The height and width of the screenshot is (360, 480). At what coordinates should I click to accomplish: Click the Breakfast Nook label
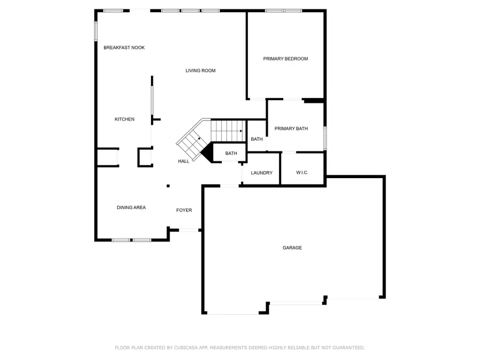[124, 47]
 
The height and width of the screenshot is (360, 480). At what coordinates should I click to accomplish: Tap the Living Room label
[201, 70]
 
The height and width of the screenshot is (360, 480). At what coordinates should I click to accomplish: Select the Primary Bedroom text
[285, 59]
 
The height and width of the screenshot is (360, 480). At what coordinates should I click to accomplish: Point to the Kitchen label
[124, 119]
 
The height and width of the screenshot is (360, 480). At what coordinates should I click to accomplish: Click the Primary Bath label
[291, 129]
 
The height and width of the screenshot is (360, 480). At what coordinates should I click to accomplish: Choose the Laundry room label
[261, 173]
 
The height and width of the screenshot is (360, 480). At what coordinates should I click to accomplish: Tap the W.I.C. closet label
[302, 173]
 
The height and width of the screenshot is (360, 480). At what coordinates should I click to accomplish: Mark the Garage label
[292, 247]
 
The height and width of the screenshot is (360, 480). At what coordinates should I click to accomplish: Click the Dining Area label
[131, 207]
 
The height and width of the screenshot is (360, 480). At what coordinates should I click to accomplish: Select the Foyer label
[184, 210]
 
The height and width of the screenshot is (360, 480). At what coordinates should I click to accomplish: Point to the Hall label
[183, 161]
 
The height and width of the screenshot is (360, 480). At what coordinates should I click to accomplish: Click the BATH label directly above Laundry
[257, 139]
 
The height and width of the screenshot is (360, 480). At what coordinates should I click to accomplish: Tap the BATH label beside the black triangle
[231, 154]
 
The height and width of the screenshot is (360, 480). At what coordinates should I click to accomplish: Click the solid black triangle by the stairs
[207, 152]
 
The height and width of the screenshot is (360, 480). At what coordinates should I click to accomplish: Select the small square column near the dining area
[169, 186]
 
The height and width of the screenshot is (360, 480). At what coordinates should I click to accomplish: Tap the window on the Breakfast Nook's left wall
[96, 31]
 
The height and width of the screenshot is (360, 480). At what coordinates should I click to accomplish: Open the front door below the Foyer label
[189, 230]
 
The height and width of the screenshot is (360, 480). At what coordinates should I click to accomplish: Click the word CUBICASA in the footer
[186, 348]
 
